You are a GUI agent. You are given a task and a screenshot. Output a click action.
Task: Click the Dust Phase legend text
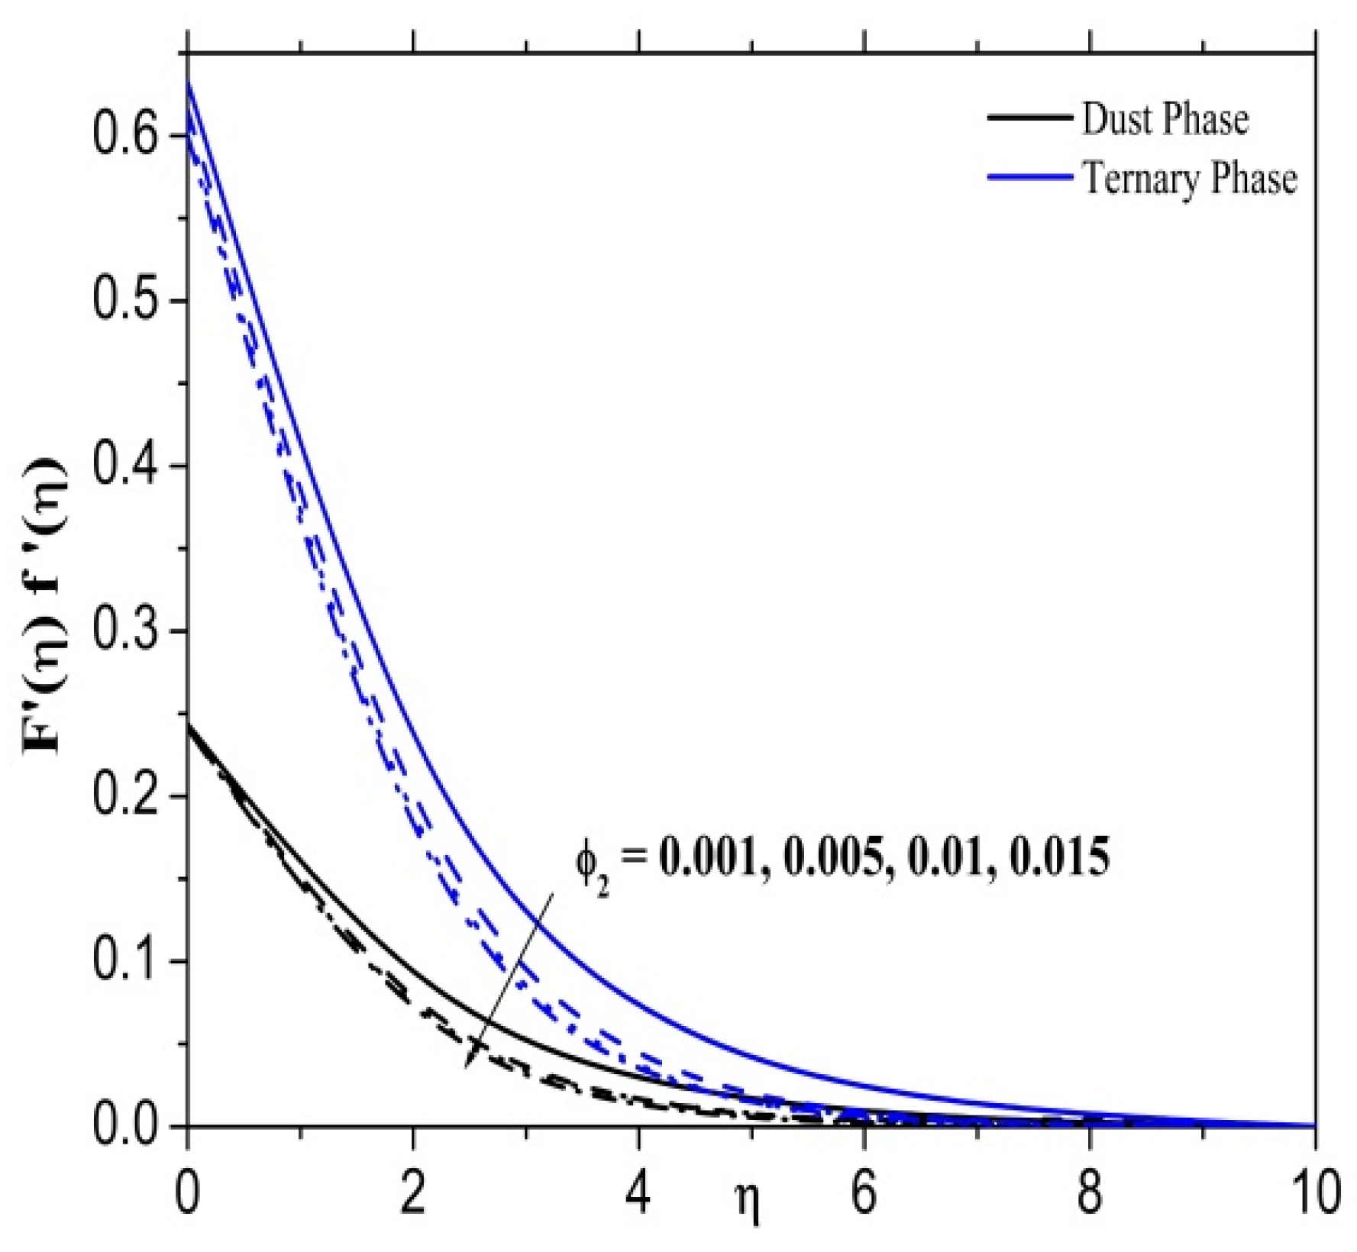(x=1165, y=120)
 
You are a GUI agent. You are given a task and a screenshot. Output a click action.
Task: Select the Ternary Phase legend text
(x=1189, y=179)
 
